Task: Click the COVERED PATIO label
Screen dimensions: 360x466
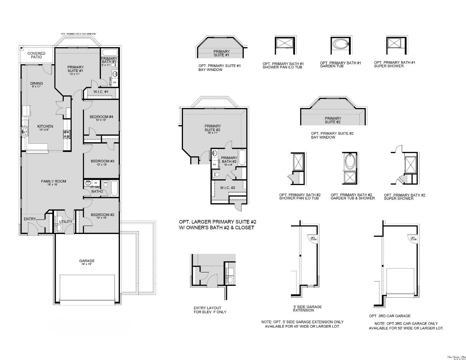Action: (x=36, y=55)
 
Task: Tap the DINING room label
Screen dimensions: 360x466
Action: (x=36, y=84)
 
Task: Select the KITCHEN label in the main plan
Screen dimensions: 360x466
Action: (x=45, y=126)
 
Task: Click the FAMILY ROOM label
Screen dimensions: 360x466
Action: (x=53, y=181)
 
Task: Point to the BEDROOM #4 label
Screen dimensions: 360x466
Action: (x=101, y=117)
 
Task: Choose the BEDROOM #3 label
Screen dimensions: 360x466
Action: (x=102, y=161)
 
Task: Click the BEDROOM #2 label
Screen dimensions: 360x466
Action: (x=102, y=215)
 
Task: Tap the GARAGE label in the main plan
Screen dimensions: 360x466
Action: (x=87, y=261)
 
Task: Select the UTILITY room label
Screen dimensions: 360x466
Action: (x=66, y=222)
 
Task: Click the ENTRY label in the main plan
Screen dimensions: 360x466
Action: (x=30, y=219)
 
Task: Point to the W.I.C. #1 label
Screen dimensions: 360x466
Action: (x=101, y=92)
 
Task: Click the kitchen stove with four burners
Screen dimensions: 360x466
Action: (x=67, y=134)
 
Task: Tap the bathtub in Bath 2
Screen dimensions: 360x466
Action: (x=114, y=188)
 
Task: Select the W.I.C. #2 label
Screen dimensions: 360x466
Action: (x=228, y=188)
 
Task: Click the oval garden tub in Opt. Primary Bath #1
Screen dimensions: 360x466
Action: (x=340, y=45)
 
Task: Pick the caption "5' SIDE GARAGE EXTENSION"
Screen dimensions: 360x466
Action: (x=307, y=309)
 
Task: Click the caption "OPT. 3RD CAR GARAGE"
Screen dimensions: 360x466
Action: (x=390, y=316)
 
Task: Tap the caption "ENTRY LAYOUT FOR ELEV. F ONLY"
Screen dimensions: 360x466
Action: (x=210, y=310)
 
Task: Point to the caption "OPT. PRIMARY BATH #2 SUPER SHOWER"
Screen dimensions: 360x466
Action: (x=404, y=197)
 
